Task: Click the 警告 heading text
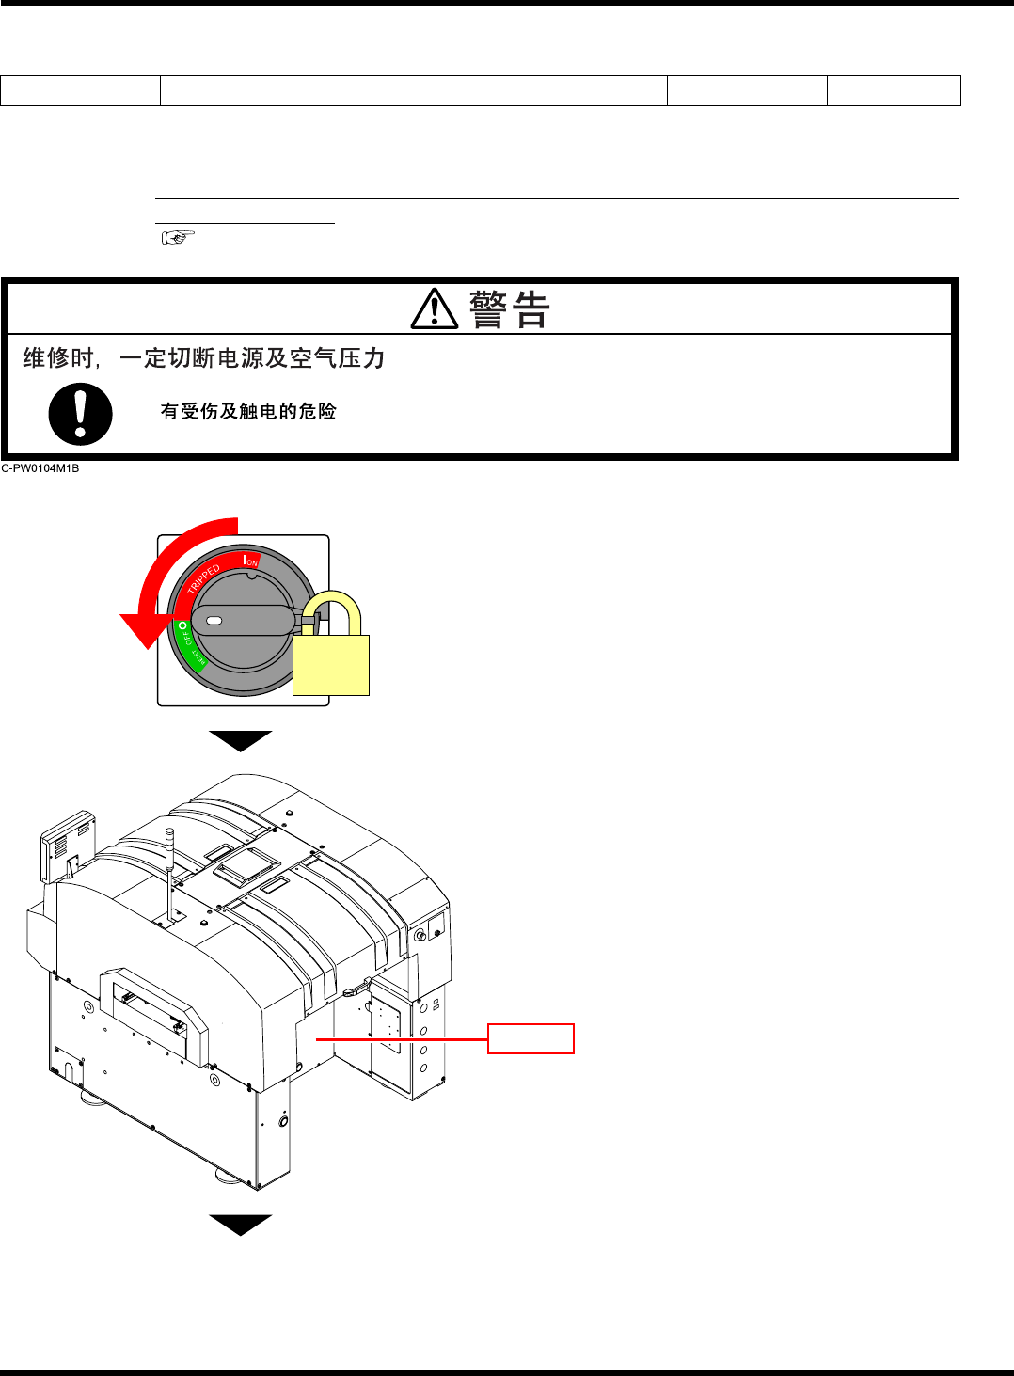pyautogui.click(x=509, y=309)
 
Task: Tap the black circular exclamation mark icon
pyautogui.click(x=81, y=414)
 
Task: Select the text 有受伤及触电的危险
pyautogui.click(x=248, y=411)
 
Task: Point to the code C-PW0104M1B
pyautogui.click(x=40, y=468)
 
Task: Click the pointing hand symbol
pyautogui.click(x=178, y=238)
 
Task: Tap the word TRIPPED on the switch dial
pyautogui.click(x=204, y=577)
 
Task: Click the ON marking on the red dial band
pyautogui.click(x=250, y=561)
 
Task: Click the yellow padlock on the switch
pyautogui.click(x=331, y=654)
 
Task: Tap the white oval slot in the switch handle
pyautogui.click(x=214, y=621)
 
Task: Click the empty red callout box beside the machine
pyautogui.click(x=531, y=1038)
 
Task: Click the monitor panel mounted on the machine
pyautogui.click(x=68, y=845)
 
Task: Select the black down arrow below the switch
pyautogui.click(x=241, y=740)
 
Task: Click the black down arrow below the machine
pyautogui.click(x=241, y=1224)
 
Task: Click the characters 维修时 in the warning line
pyautogui.click(x=58, y=358)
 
